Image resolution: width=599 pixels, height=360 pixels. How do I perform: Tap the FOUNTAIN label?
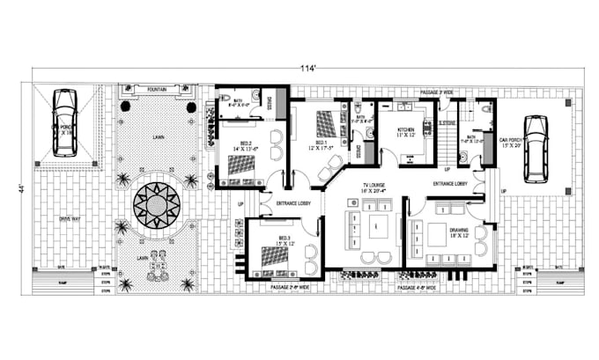[x=159, y=89]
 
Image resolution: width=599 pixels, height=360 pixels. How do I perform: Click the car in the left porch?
[x=63, y=122]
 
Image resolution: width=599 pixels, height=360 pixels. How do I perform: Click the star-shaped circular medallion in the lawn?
[x=157, y=205]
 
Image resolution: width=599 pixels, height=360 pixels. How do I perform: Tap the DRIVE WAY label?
[x=71, y=217]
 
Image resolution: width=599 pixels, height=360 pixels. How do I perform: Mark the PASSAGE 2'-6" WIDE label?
[x=291, y=287]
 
